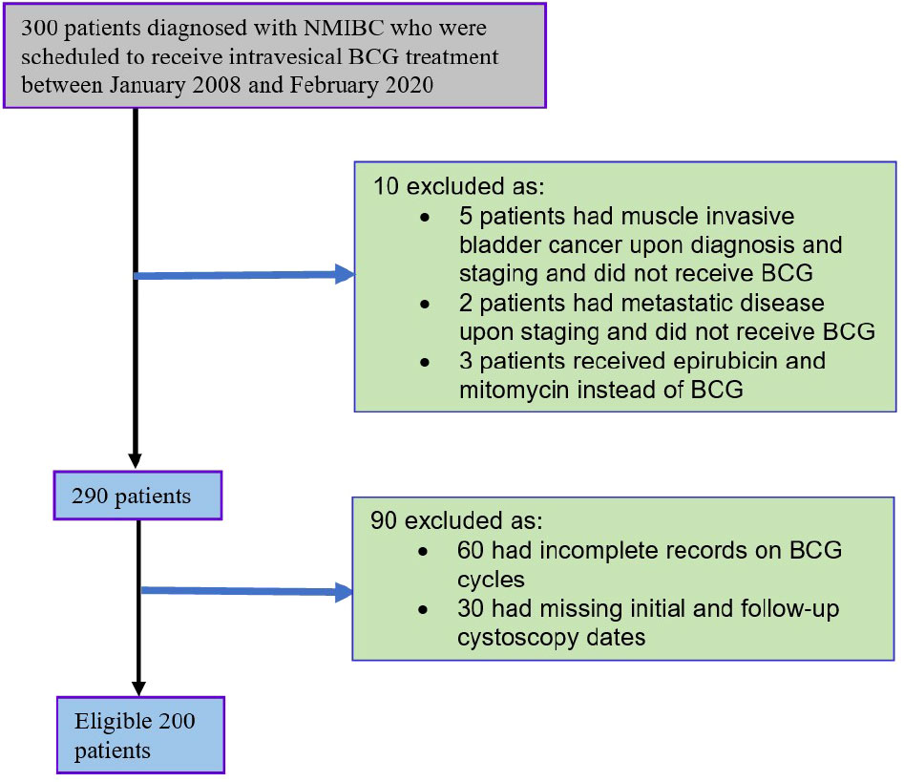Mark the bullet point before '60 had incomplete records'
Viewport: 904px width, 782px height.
pos(425,553)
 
